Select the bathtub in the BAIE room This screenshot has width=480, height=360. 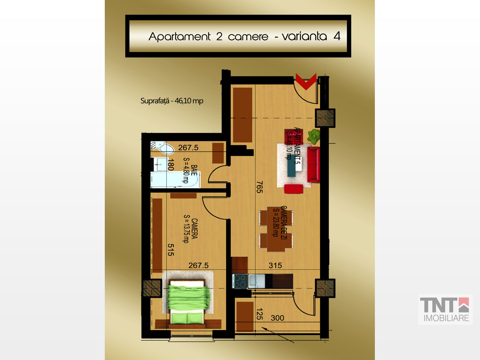[x=175, y=180]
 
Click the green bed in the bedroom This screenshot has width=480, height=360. [x=187, y=304]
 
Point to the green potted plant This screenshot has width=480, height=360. [x=314, y=136]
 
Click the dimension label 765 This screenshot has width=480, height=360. [x=259, y=187]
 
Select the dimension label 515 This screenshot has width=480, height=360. [x=171, y=250]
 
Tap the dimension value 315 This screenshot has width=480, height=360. [x=275, y=265]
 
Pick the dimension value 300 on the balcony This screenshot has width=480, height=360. [x=277, y=318]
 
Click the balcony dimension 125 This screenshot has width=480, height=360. [x=260, y=314]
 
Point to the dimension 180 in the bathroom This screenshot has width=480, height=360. [x=171, y=165]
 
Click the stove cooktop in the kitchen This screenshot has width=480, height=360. [x=240, y=281]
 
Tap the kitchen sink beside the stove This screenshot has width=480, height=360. [x=256, y=281]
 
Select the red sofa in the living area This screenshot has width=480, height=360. [x=314, y=165]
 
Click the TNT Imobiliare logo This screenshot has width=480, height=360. [x=445, y=309]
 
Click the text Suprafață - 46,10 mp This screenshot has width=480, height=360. [x=172, y=101]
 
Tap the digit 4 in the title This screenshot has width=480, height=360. [x=337, y=36]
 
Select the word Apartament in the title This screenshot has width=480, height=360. [x=180, y=37]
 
